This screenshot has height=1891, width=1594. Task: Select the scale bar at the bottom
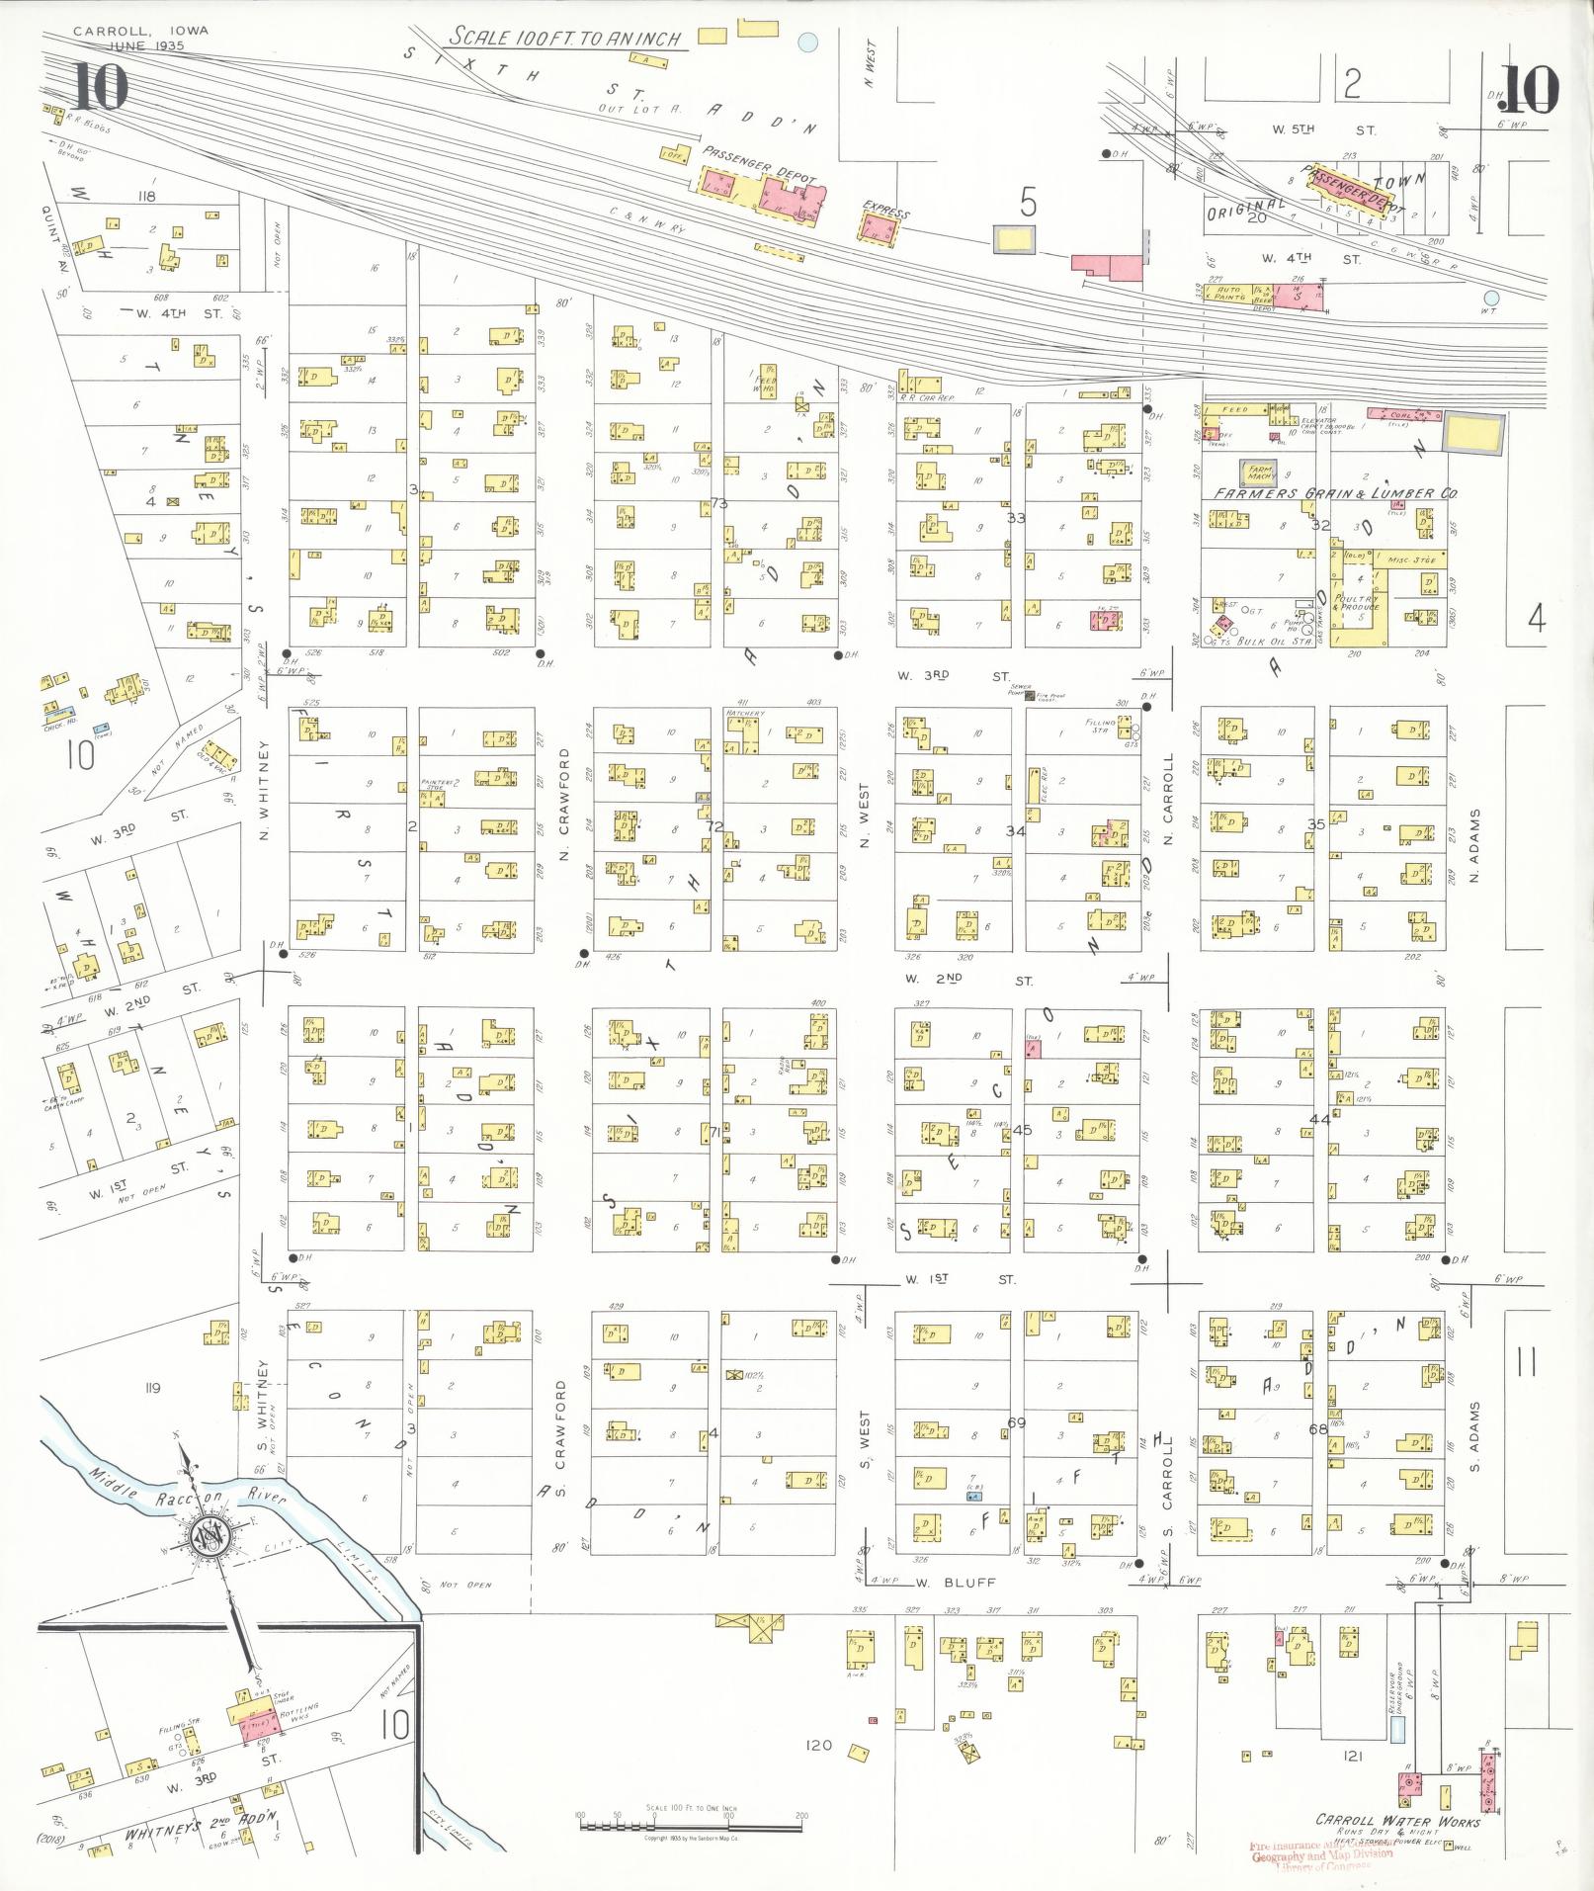tap(691, 1817)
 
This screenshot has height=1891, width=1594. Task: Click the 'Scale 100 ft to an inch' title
tap(566, 38)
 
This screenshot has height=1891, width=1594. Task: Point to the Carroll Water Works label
tap(1397, 1821)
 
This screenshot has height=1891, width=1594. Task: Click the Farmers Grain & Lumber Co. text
tap(1338, 492)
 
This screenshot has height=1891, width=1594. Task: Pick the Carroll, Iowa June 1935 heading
tap(140, 38)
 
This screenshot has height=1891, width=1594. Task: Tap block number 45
tap(1022, 1130)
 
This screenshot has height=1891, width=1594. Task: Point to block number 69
tap(1016, 1422)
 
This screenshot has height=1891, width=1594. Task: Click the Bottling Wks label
tap(299, 1711)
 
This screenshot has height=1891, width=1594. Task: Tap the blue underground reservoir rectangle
tap(1396, 1729)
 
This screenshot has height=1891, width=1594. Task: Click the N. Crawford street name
tap(564, 803)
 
